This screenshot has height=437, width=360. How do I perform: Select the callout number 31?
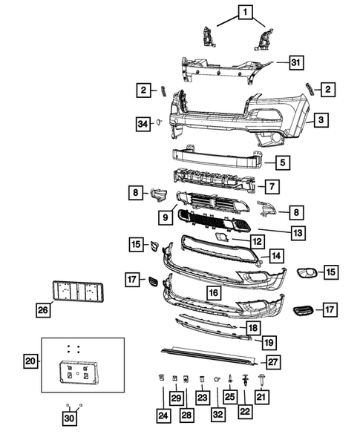pyautogui.click(x=296, y=62)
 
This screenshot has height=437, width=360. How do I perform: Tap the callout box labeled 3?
pyautogui.click(x=320, y=119)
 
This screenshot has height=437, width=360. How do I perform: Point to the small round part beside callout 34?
pyautogui.click(x=158, y=122)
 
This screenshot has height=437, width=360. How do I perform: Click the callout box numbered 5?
pyautogui.click(x=283, y=160)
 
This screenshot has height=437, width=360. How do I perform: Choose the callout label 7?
pyautogui.click(x=272, y=185)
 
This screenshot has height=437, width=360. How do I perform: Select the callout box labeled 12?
pyautogui.click(x=256, y=241)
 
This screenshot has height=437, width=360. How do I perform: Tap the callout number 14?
pyautogui.click(x=275, y=256)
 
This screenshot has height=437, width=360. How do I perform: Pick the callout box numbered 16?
pyautogui.click(x=213, y=293)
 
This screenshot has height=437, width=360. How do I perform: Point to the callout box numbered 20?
pyautogui.click(x=31, y=361)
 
